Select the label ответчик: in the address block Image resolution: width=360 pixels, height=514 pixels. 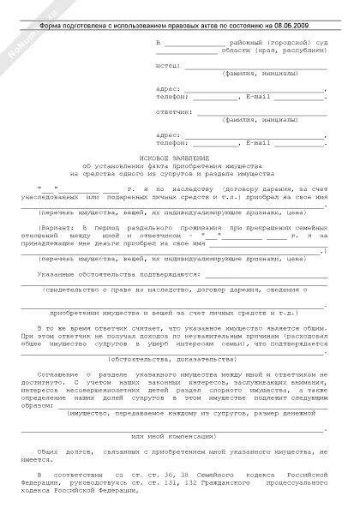[x=173, y=111]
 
